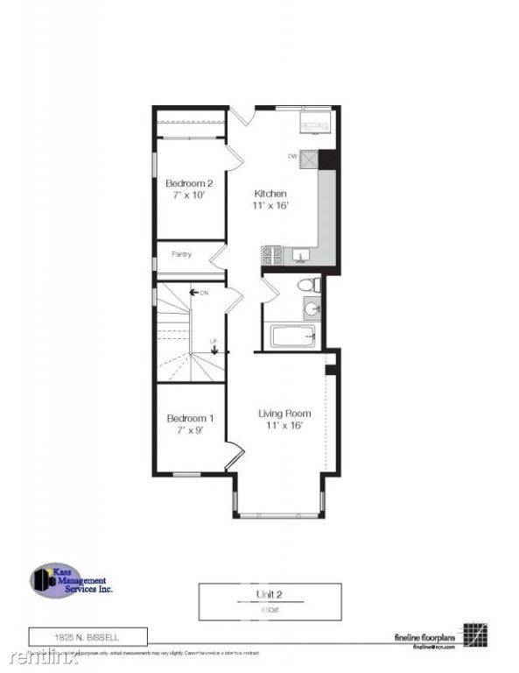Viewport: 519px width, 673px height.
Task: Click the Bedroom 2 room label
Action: coord(185,189)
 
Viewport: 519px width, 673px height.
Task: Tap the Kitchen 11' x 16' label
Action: coord(270,199)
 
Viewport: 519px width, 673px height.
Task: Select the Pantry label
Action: coord(181,255)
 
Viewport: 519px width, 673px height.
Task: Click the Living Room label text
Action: coord(284,418)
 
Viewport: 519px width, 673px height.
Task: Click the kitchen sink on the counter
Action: coord(300,255)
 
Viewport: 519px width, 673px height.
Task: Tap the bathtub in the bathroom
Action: coord(291,336)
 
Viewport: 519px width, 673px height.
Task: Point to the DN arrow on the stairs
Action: coord(199,292)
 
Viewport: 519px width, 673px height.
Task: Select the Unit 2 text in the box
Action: coord(267,594)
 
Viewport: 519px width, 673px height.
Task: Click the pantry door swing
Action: coord(218,258)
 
